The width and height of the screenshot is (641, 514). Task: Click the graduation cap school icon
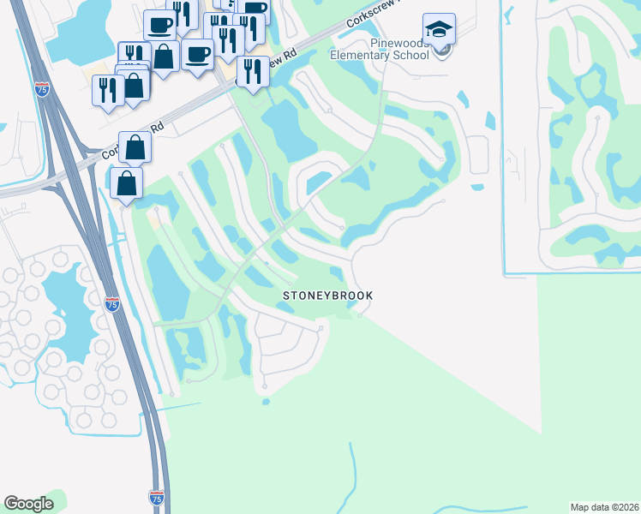pyautogui.click(x=440, y=31)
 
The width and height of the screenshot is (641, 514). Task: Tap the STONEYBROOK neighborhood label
pyautogui.click(x=328, y=296)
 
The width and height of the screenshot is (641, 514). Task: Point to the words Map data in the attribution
pyautogui.click(x=590, y=507)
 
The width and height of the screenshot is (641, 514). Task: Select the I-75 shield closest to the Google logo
pyautogui.click(x=156, y=497)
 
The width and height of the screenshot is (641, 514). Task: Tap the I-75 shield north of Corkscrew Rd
pyautogui.click(x=42, y=87)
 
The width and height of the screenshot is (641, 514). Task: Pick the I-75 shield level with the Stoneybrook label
pyautogui.click(x=111, y=303)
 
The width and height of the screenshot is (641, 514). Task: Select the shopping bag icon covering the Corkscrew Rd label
pyautogui.click(x=135, y=147)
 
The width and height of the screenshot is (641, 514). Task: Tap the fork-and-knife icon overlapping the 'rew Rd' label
pyautogui.click(x=252, y=71)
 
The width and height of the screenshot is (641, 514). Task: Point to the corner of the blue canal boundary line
pyautogui.click(x=505, y=275)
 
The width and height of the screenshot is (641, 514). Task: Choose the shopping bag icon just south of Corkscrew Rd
pyautogui.click(x=126, y=183)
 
